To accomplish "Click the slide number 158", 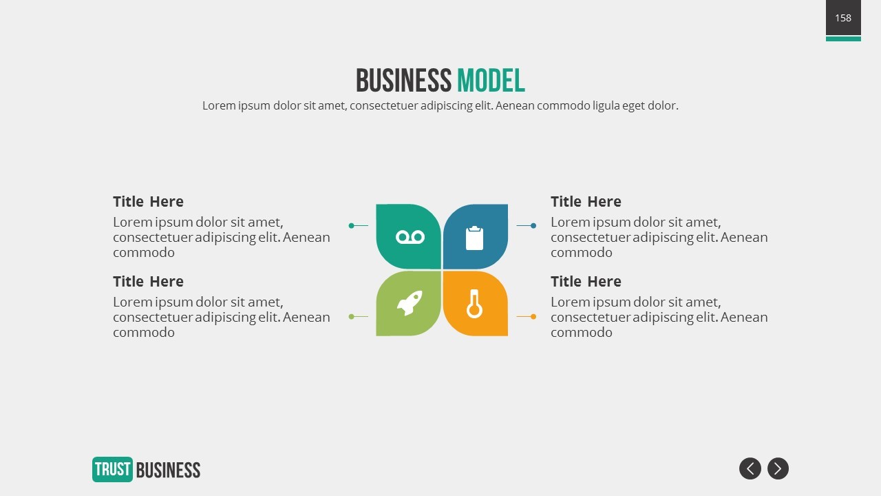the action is tap(843, 18).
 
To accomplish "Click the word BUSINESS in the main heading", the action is tap(403, 81).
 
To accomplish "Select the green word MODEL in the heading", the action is tap(491, 81).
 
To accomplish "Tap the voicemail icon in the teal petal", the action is tap(410, 237).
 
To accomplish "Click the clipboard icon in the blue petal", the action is tap(474, 238).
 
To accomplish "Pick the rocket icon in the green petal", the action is tap(410, 302).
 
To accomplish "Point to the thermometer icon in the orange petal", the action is tap(474, 304).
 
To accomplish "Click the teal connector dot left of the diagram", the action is tap(351, 225).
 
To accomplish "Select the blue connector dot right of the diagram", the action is tap(533, 225).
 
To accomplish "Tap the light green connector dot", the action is tap(351, 316).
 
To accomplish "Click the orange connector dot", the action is tap(533, 316).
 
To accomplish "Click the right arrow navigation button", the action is tap(778, 468).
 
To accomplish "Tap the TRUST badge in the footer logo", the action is tap(112, 469).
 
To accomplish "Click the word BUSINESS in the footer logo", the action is tap(169, 470).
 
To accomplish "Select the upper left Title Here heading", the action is tap(148, 202).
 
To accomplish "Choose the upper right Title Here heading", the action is tap(586, 202).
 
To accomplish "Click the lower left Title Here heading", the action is tap(148, 282).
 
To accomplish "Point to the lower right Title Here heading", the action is tap(586, 282).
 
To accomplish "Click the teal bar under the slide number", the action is tap(843, 39).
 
